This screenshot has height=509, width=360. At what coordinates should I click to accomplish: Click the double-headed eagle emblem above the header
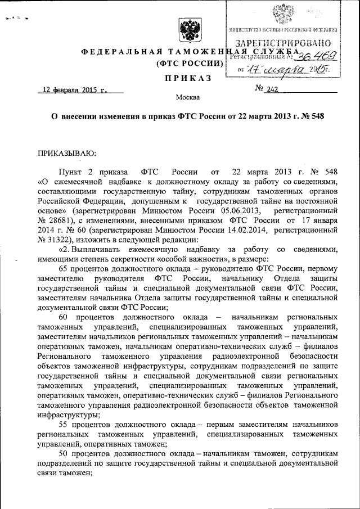(x=187, y=31)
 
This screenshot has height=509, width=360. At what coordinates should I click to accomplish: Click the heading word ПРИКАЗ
(x=188, y=76)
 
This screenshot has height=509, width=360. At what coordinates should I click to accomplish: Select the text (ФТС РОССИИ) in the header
(x=187, y=63)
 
